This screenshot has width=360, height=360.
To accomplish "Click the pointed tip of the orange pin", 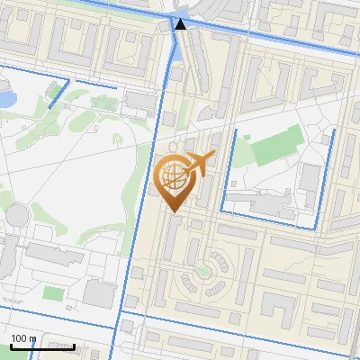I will (175, 212).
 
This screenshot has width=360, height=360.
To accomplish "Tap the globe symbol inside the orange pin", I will (175, 179).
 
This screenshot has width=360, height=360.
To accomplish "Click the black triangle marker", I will (181, 24).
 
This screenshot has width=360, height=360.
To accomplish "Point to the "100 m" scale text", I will (23, 338).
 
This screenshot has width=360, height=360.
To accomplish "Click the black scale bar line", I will (42, 346).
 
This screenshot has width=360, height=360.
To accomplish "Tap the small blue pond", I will (5, 97).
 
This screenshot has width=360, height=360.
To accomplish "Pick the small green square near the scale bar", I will (55, 292).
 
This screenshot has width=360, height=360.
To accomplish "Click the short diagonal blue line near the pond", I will (58, 94).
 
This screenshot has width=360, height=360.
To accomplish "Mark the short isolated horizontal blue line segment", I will (95, 85).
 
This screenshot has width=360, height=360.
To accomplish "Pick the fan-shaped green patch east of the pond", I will (40, 117).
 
